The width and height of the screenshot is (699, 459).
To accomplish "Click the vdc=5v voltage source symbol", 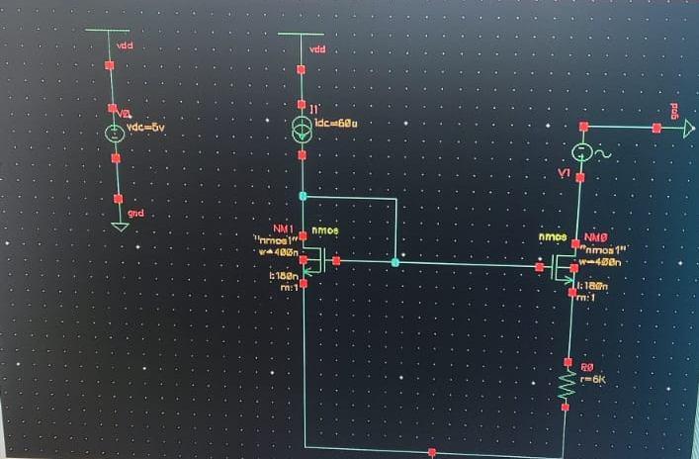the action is pyautogui.click(x=115, y=133).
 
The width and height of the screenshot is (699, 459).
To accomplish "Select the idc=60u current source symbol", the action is pyautogui.click(x=303, y=129).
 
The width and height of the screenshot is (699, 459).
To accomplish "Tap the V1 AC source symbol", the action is pyautogui.click(x=583, y=152).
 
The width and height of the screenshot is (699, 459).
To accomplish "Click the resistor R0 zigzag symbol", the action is pyautogui.click(x=568, y=385).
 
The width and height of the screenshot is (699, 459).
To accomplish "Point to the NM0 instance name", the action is pyautogui.click(x=593, y=238).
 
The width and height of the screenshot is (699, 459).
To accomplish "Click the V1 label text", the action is pyautogui.click(x=564, y=174).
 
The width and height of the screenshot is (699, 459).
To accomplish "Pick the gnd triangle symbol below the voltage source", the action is pyautogui.click(x=119, y=226).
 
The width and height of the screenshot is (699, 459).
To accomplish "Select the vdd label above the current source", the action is pyautogui.click(x=317, y=49).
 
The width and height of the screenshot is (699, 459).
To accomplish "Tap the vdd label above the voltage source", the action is pyautogui.click(x=126, y=46).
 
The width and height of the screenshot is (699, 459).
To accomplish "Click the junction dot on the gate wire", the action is pyautogui.click(x=395, y=262).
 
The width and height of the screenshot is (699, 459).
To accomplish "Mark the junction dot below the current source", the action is pyautogui.click(x=303, y=196).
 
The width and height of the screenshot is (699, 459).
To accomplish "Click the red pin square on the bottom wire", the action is pyautogui.click(x=432, y=451).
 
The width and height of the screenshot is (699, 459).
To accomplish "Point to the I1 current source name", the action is pyautogui.click(x=313, y=107).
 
